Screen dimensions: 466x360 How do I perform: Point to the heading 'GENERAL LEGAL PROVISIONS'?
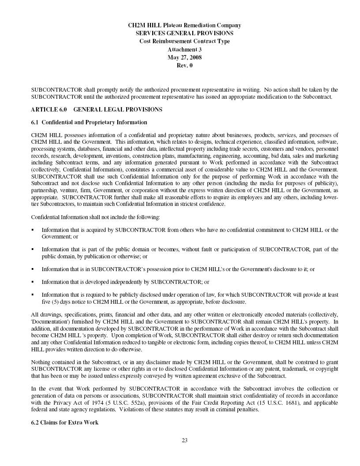(118, 109)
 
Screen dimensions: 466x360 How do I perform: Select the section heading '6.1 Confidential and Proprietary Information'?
(89, 122)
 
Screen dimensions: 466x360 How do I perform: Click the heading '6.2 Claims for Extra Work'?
(65, 422)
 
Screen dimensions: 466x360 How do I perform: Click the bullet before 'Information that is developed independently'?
(33, 281)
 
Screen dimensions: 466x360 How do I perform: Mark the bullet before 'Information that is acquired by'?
(33, 230)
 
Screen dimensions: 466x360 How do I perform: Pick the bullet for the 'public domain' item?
(33, 249)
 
